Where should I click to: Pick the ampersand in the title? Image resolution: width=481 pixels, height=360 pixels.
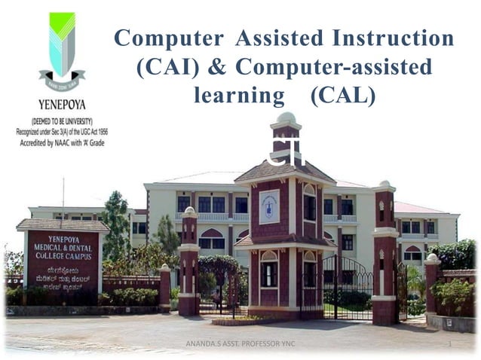point(216,67)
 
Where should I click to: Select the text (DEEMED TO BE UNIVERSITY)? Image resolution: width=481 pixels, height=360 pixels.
point(62,121)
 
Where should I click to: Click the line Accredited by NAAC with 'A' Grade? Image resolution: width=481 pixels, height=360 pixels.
point(62,140)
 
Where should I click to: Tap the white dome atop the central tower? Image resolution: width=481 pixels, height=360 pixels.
point(286,119)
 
